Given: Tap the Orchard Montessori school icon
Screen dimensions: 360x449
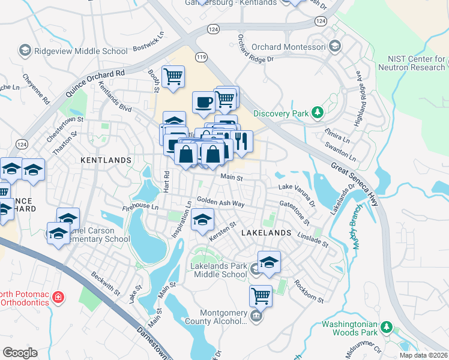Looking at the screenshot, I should point(334,46).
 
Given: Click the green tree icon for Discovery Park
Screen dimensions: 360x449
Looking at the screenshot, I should point(317,113).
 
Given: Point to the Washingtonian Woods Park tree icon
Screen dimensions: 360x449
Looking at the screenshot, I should point(387,327).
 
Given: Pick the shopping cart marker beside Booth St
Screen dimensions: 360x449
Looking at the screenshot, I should point(173,76).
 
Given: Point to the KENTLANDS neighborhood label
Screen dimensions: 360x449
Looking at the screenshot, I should point(106,160).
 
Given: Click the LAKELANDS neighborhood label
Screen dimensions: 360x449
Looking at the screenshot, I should point(266,232).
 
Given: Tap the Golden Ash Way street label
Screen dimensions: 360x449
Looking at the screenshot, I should point(220,203).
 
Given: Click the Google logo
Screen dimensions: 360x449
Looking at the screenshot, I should point(20,353).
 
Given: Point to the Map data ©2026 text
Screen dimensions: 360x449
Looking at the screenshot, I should point(423,355).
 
